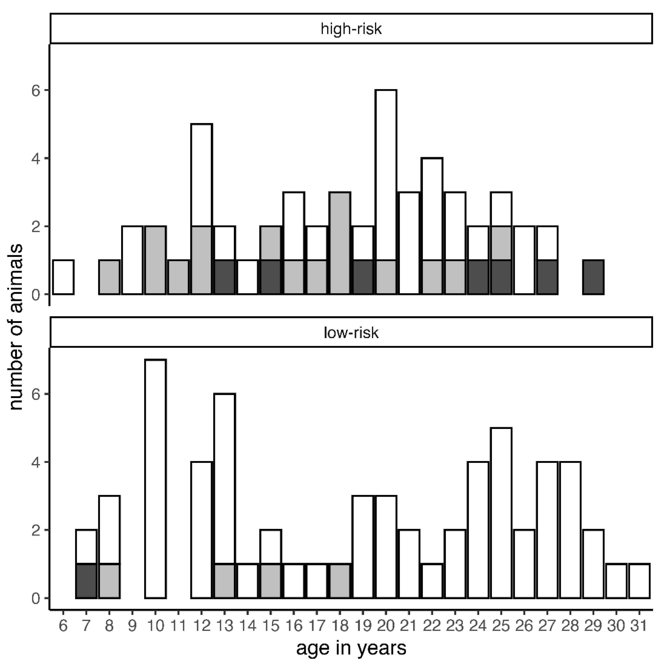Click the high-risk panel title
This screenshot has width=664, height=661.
pos(351,29)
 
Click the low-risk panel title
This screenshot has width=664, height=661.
pos(351,333)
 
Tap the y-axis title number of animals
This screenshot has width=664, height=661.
pos(16,327)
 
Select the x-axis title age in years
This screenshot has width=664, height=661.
pos(351,648)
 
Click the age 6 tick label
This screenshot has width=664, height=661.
pos(63,626)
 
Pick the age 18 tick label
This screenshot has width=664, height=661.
pos(340,626)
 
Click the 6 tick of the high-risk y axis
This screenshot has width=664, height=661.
pos(36,90)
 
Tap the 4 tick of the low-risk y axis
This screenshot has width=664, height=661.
pos(36,462)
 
